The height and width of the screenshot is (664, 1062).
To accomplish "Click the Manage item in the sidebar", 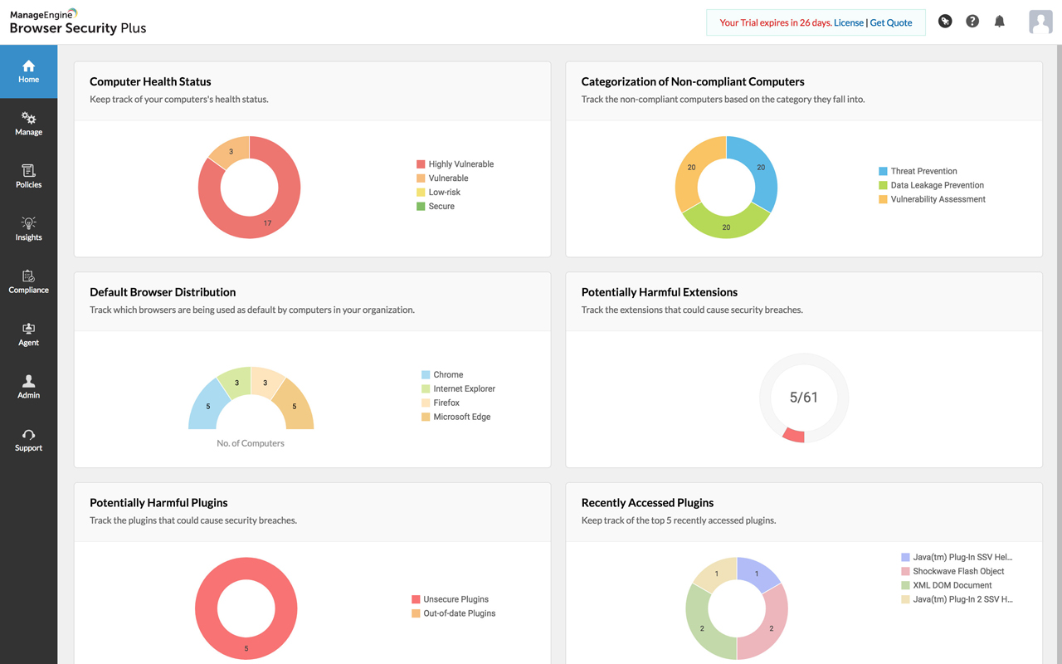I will coord(28,124).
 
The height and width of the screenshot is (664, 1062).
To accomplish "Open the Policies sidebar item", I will coord(28,176).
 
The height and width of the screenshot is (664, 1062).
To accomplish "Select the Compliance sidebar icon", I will coord(28,281).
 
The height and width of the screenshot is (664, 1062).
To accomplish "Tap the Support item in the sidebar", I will coord(28,439).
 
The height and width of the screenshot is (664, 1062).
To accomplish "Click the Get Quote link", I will coord(891,22).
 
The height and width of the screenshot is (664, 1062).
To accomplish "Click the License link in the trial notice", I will coord(849,22).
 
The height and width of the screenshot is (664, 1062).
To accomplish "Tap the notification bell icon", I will coord(1000,22).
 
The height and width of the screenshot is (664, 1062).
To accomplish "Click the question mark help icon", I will coord(972,22).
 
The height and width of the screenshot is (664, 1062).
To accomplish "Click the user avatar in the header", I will coord(1040,22).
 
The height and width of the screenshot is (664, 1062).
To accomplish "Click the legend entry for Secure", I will coord(441,206).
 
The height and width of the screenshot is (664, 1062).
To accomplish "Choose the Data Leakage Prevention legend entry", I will coord(937,185).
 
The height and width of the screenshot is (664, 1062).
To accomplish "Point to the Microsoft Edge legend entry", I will coord(461,417).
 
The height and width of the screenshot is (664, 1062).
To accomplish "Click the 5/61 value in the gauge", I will coord(804,398).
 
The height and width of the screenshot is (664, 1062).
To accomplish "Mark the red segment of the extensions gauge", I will coord(794,435).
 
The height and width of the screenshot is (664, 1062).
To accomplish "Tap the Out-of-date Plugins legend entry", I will coord(459,613).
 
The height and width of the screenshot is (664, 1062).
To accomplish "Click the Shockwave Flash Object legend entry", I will coord(958,571).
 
